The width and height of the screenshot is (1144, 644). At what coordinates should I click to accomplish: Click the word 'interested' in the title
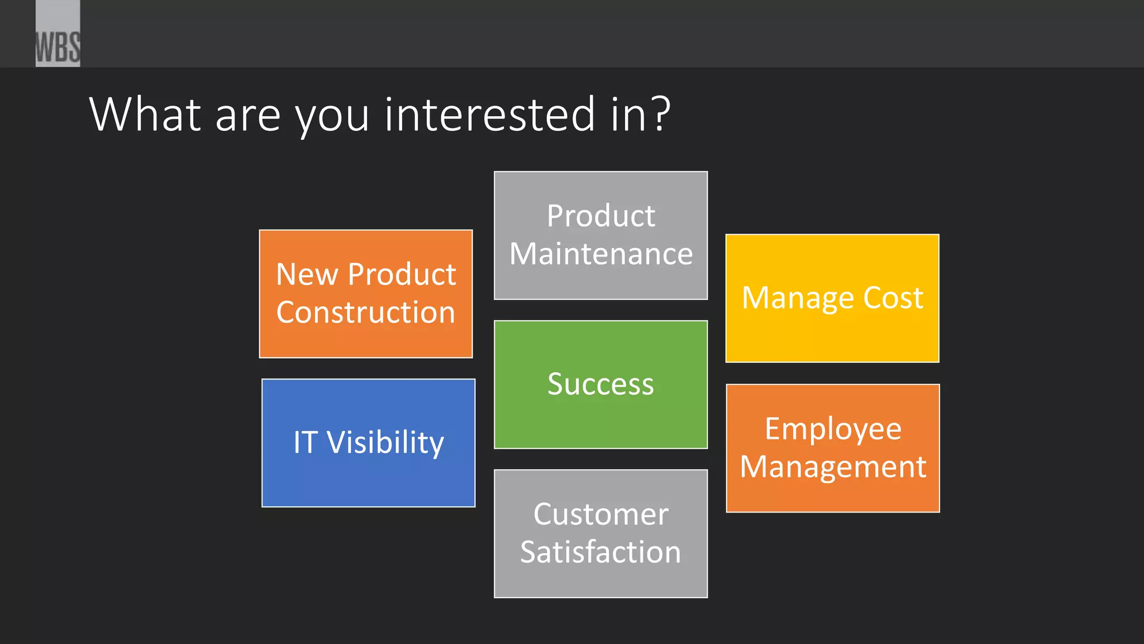490,115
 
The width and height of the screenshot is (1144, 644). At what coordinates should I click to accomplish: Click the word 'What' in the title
145,115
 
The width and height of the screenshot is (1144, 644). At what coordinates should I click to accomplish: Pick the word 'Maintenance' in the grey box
601,254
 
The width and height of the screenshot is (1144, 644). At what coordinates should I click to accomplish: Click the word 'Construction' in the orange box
366,312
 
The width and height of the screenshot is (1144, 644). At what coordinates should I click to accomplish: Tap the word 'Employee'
833,429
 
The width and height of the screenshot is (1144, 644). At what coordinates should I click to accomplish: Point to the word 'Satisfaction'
600,552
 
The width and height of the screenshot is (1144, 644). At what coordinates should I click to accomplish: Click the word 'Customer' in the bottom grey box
600,514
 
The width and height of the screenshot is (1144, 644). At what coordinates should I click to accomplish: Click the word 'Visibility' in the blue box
385,443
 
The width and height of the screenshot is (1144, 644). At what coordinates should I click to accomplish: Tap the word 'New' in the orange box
307,274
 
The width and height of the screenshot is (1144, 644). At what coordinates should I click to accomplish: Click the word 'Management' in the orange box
833,467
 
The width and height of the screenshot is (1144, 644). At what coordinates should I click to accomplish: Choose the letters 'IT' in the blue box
306,443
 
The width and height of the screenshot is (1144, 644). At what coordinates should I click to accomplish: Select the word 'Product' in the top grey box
600,216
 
